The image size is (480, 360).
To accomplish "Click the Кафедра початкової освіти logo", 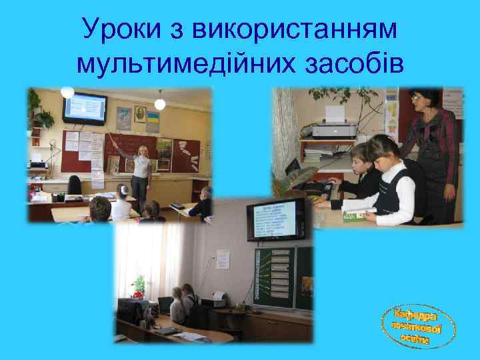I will (419, 326).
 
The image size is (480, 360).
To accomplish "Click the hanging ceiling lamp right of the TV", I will (160, 104).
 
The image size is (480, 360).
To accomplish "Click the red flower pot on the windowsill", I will (139, 291).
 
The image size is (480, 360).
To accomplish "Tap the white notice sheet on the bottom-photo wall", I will (223, 259).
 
